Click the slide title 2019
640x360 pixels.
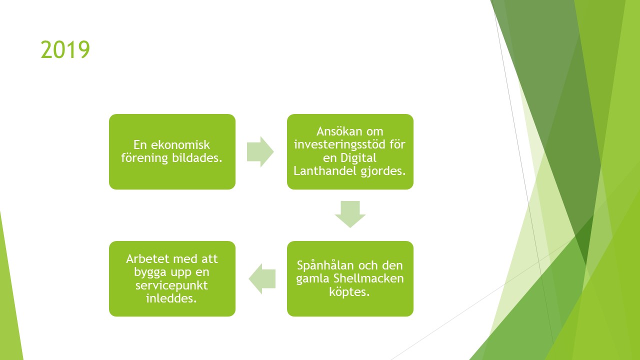tap(65, 49)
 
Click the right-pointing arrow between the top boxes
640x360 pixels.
tap(260, 151)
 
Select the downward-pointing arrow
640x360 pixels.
tap(350, 214)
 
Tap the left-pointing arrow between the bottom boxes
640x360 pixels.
tap(262, 278)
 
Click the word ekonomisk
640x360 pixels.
tap(180, 145)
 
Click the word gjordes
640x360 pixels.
tap(383, 171)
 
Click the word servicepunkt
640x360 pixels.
tap(171, 285)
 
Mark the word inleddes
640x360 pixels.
tap(171, 298)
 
